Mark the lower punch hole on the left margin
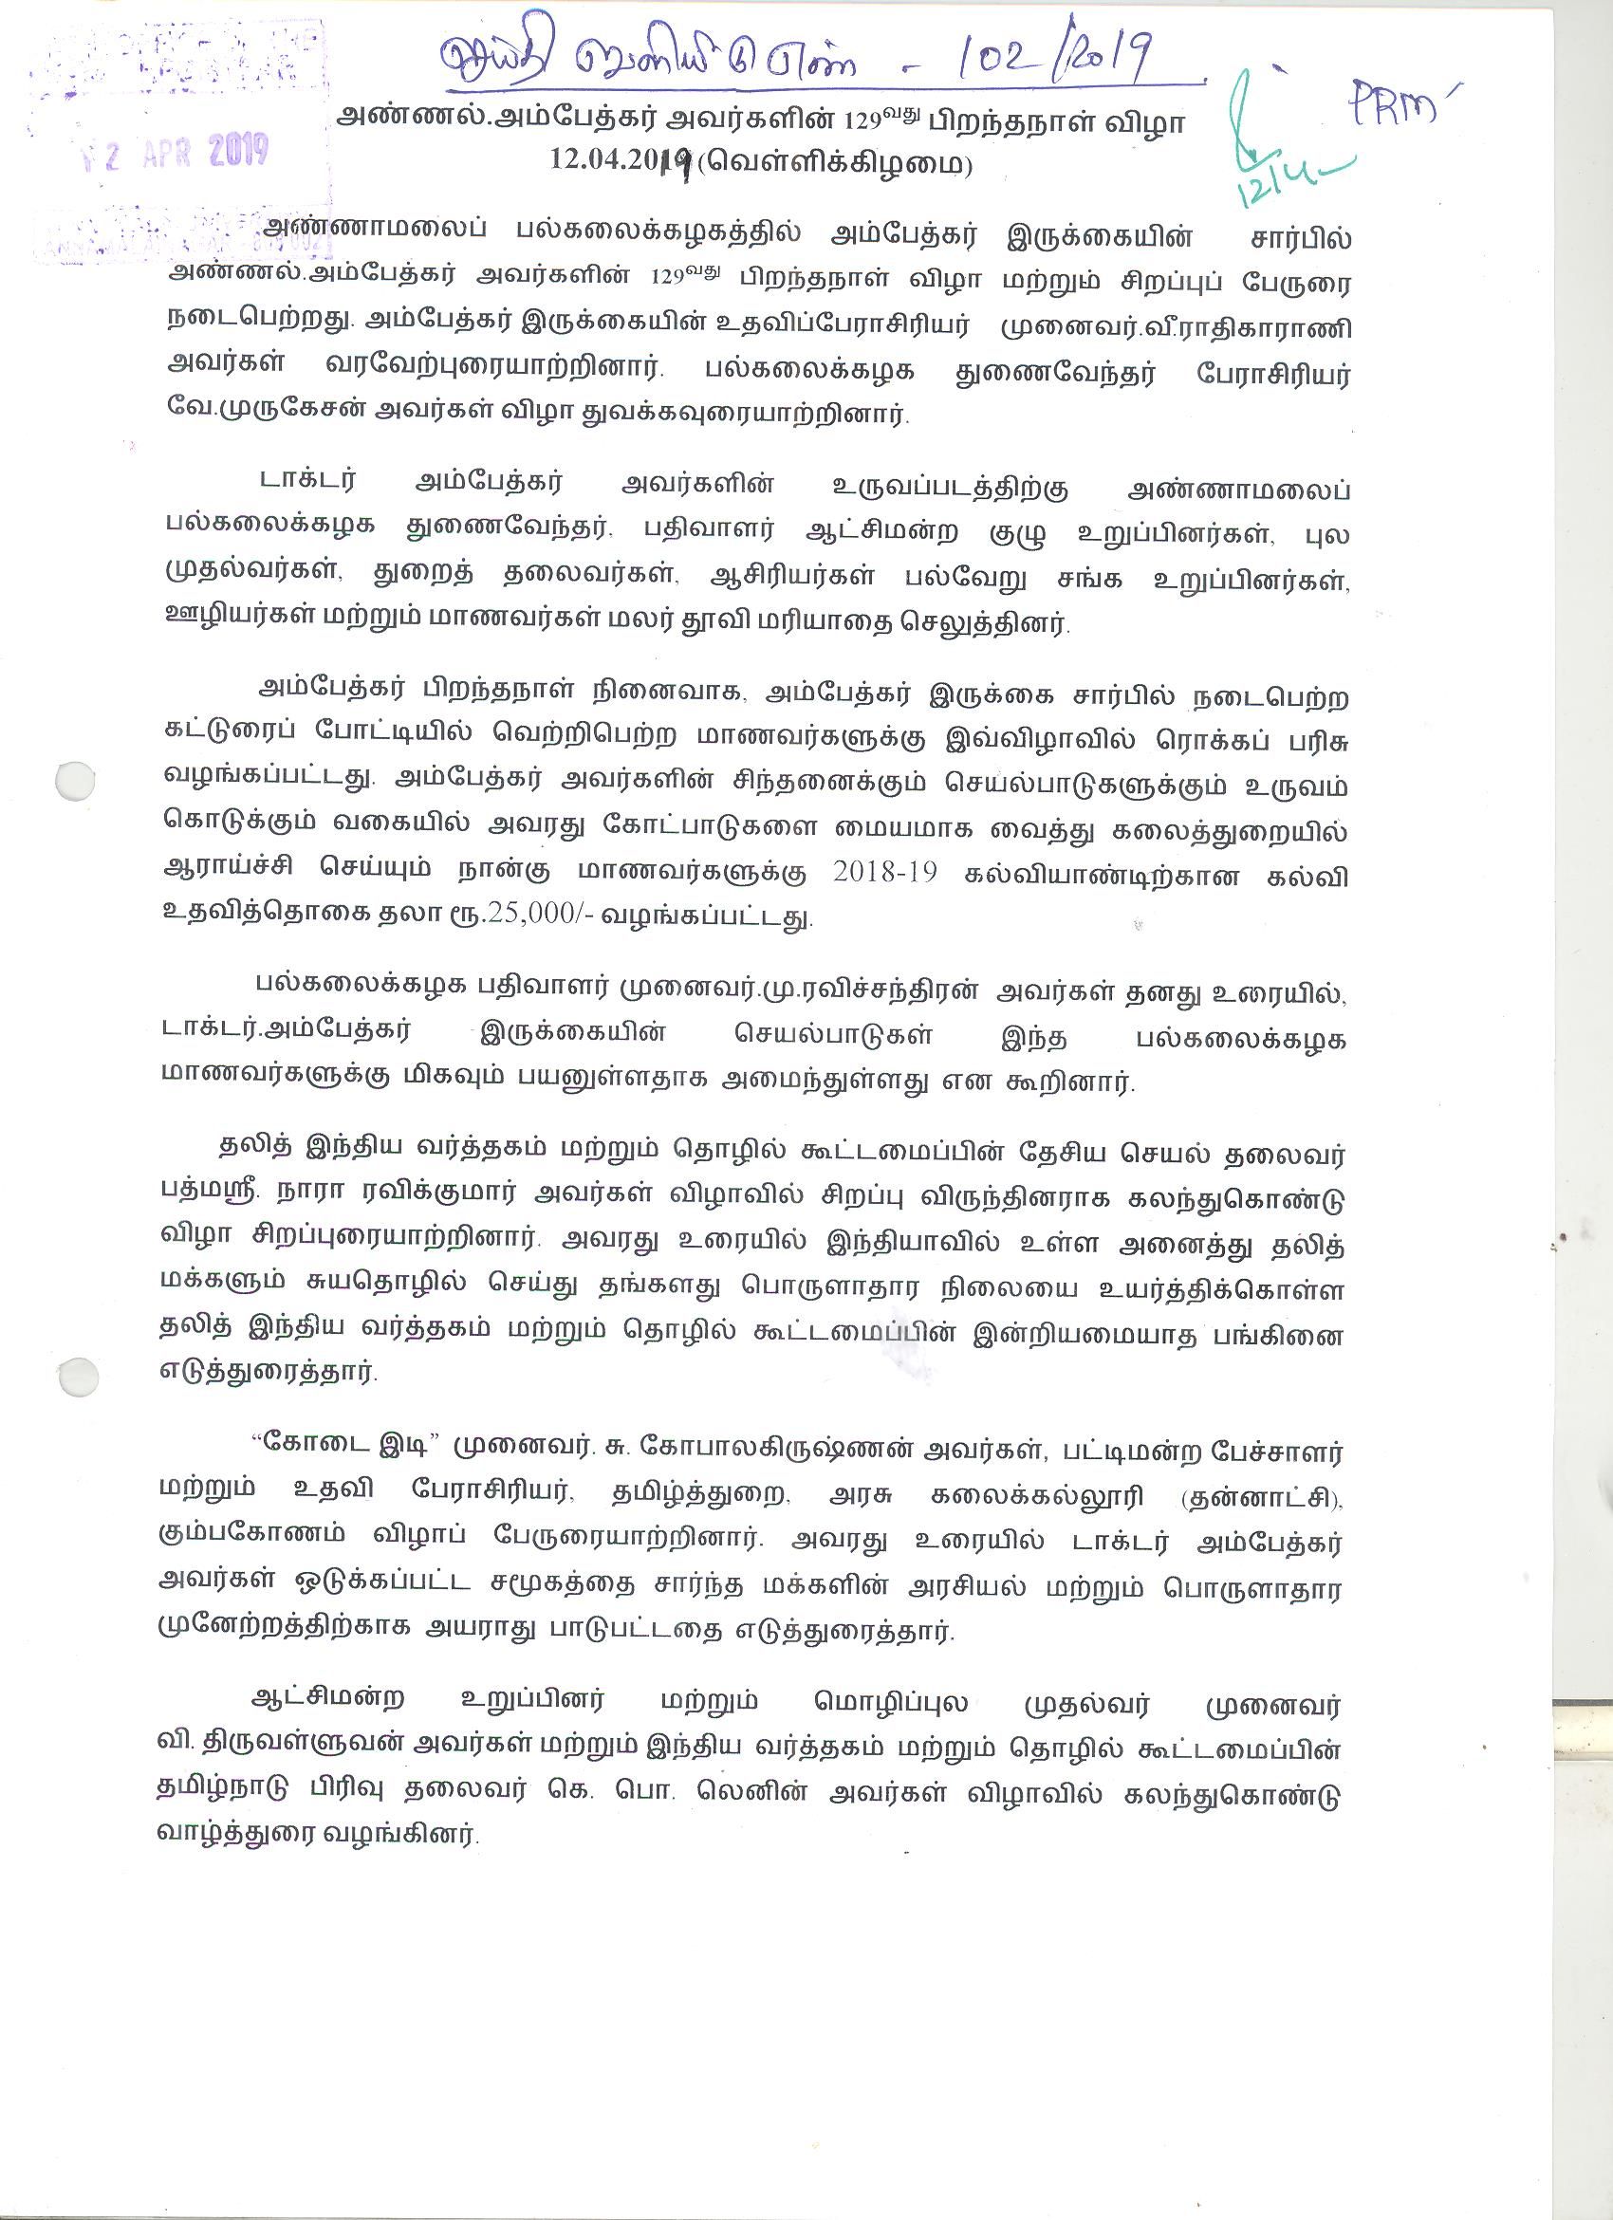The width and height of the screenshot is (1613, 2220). pos(79,1377)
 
